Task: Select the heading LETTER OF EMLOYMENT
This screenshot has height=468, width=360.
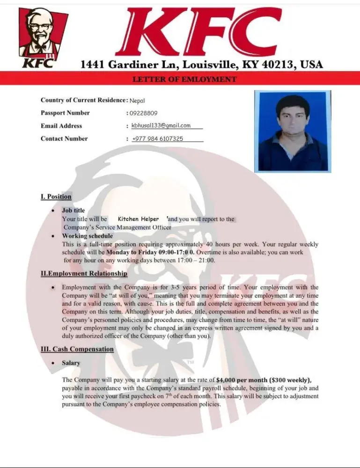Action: (184, 79)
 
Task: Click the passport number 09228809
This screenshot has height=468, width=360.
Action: (143, 113)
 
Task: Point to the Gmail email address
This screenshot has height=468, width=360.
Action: (161, 125)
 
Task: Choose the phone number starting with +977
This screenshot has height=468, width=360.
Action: (158, 139)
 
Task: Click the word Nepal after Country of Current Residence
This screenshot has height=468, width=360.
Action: (137, 100)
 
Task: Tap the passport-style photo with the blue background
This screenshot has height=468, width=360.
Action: (293, 132)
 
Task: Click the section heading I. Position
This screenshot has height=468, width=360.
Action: (56, 197)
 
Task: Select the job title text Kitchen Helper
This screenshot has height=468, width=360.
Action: (138, 219)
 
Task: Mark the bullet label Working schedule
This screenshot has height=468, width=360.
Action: (88, 236)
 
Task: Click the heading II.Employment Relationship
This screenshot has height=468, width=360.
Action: (84, 273)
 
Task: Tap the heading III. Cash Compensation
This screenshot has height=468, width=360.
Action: (77, 349)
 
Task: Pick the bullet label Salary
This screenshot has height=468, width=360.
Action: (71, 363)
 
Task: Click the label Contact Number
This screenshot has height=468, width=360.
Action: (64, 139)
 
